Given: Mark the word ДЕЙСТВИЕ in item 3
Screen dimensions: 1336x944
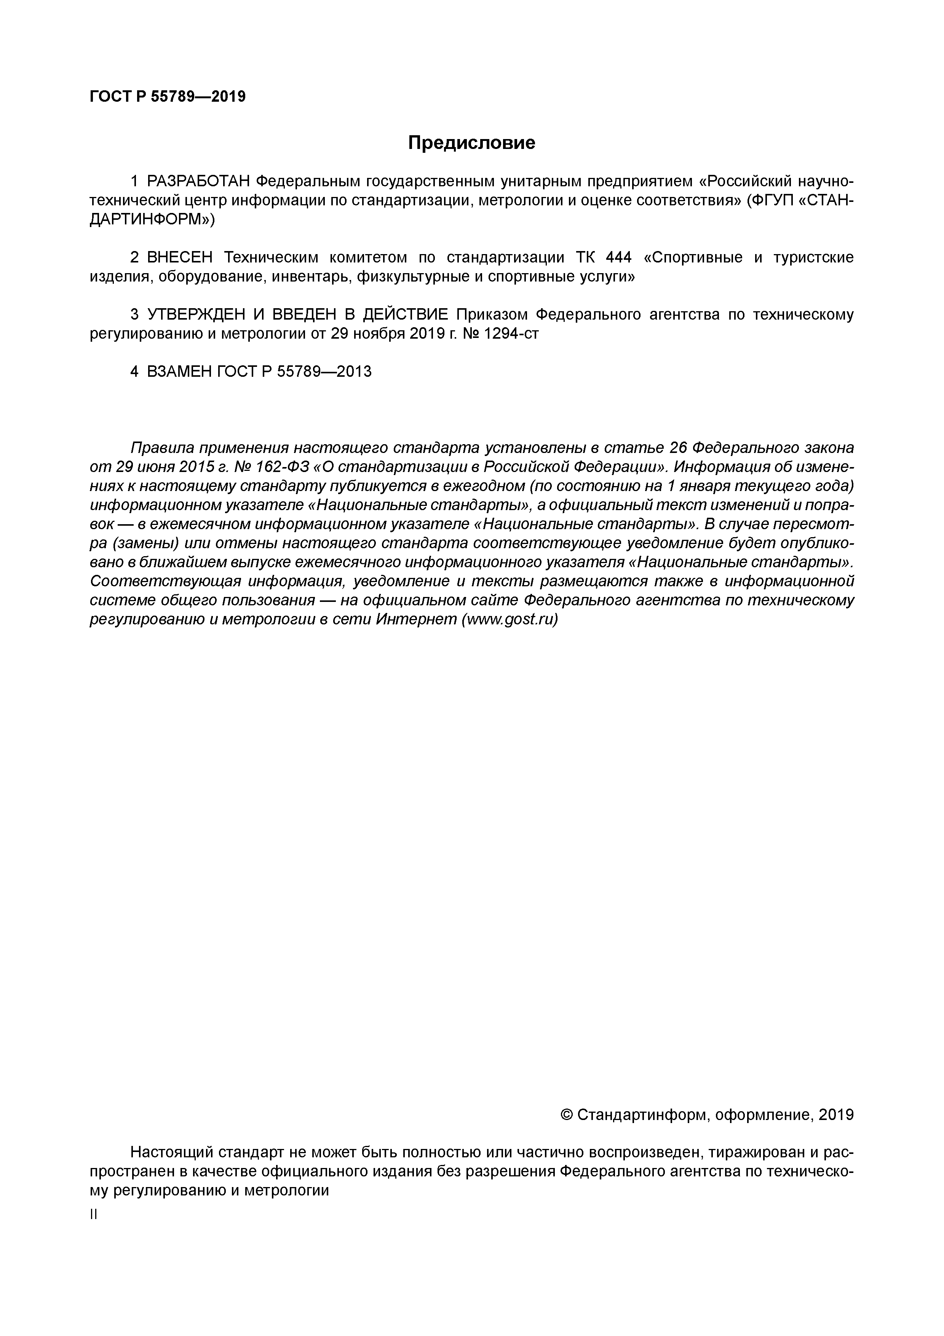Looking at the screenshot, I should [x=406, y=315].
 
